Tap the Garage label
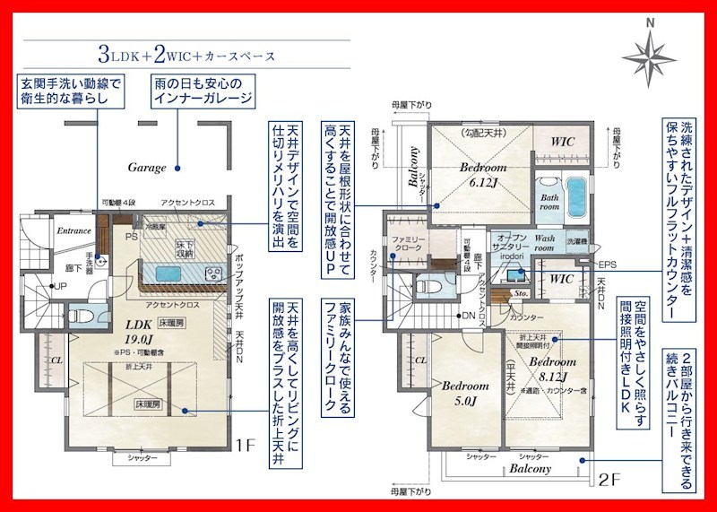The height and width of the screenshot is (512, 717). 147,167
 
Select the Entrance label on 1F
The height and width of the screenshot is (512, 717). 73,231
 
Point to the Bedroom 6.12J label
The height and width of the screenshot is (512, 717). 484,174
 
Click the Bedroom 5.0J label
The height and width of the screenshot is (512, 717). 464,392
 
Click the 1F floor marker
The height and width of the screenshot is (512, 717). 246,442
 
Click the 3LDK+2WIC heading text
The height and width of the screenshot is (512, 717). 188,56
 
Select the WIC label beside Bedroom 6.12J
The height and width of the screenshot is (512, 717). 564,142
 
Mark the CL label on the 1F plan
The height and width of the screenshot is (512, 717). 56,360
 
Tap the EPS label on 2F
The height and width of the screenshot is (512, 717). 609,265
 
